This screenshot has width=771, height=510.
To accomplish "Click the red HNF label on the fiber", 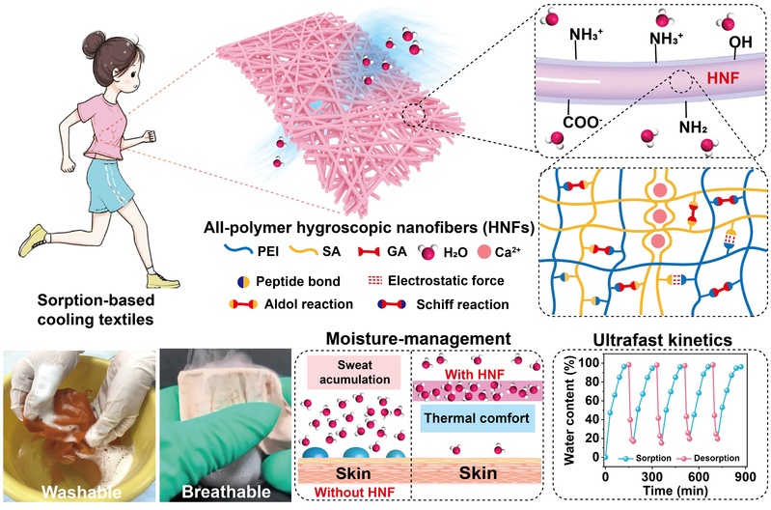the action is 723,77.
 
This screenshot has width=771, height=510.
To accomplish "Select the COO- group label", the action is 582,123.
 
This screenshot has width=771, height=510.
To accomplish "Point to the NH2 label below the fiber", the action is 693,127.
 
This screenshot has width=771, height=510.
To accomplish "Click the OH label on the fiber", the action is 740,42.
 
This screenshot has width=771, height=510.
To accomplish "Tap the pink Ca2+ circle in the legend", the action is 484,252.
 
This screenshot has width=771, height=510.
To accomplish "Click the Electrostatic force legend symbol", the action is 374,281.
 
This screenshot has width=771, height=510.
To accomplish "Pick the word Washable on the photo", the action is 81,492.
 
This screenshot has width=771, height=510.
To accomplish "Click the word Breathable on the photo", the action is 226,492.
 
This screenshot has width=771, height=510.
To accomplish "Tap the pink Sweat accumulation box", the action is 355,372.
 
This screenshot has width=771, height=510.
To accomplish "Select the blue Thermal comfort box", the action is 477,418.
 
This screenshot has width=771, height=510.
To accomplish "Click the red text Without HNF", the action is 354,493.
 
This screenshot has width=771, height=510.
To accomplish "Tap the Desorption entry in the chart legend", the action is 716,458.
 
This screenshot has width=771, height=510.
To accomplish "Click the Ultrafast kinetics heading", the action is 662,340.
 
